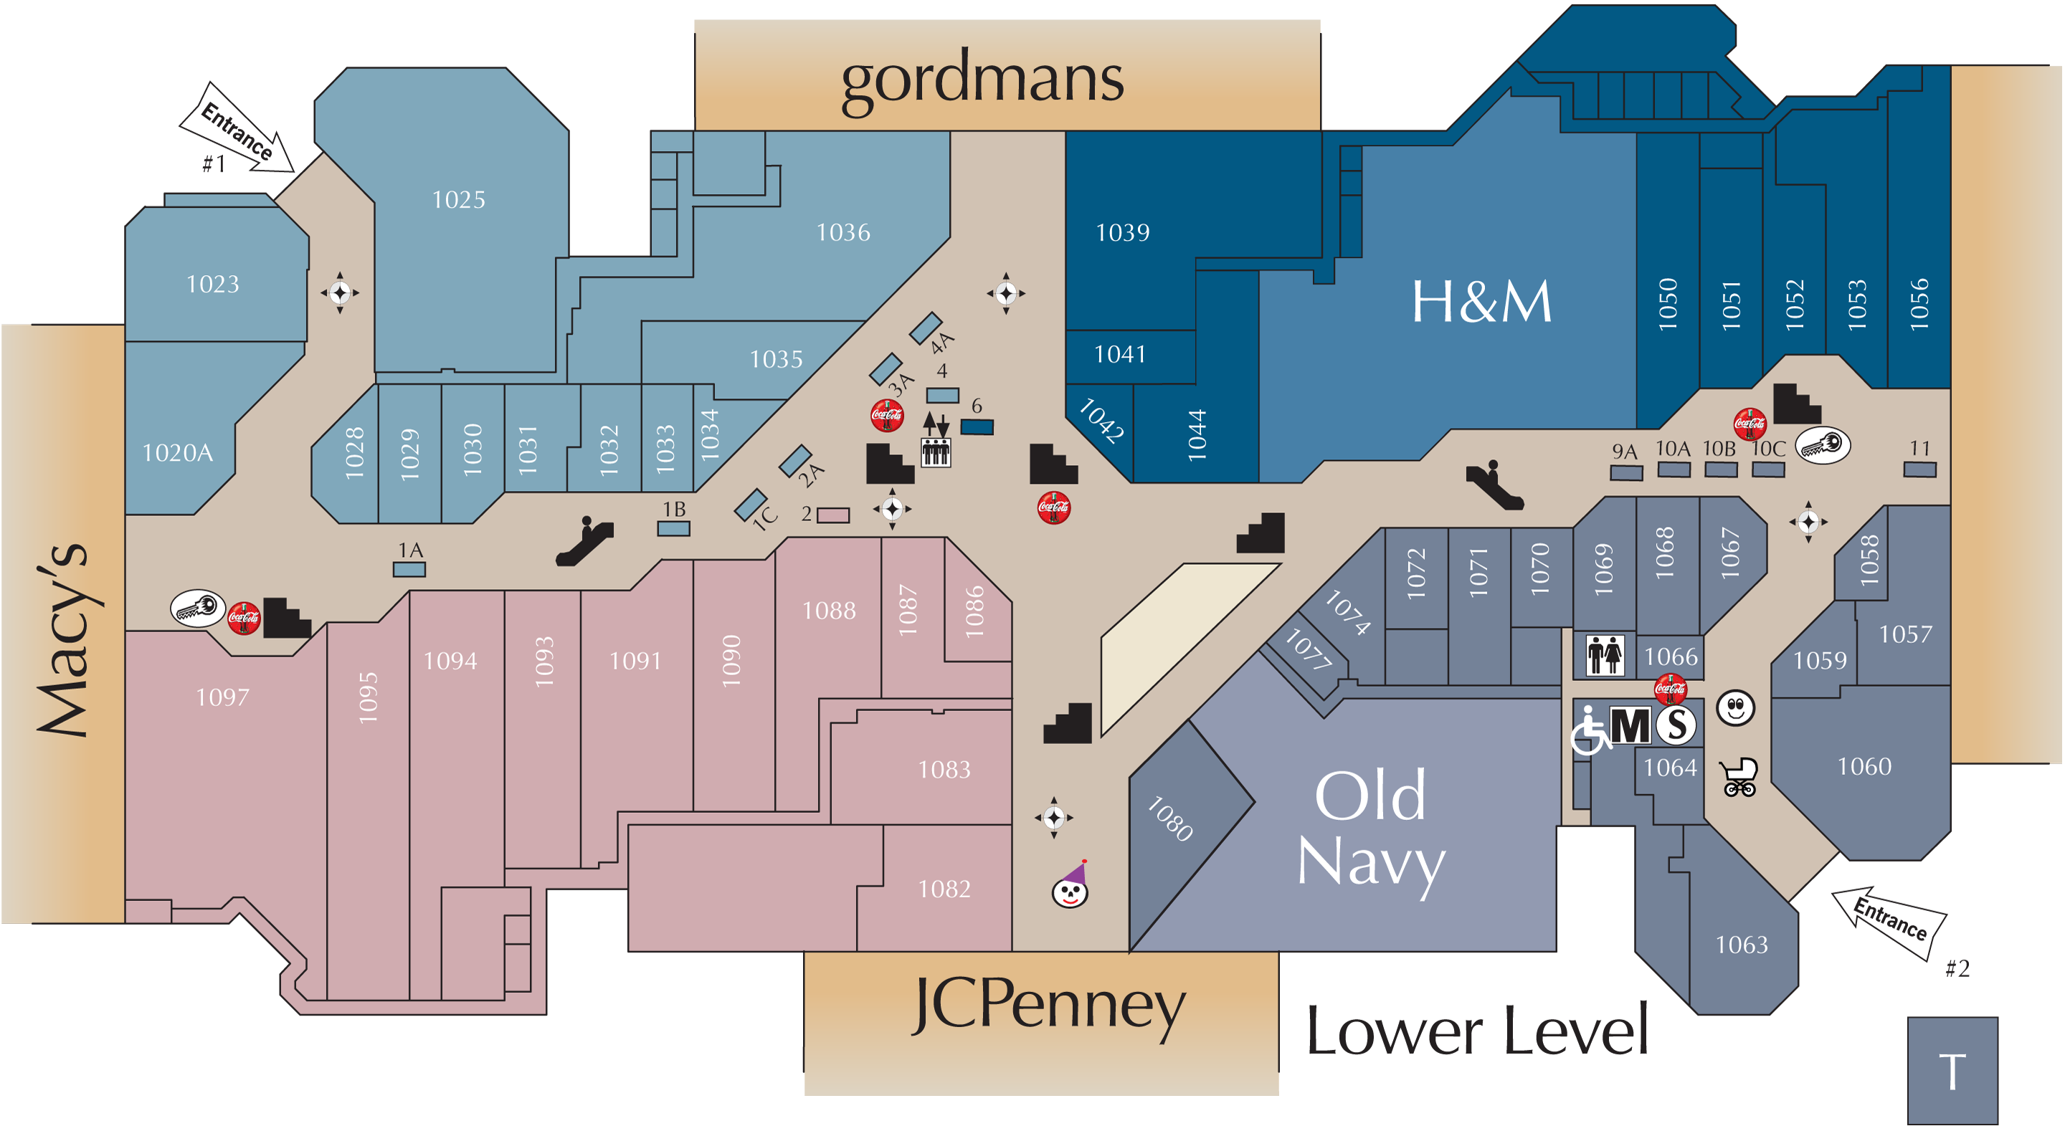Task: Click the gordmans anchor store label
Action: click(982, 81)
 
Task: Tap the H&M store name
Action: click(1481, 302)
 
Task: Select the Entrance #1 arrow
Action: click(237, 130)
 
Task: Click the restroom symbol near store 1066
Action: click(1605, 655)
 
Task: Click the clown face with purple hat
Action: click(1071, 884)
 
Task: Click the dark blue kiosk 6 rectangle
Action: click(977, 427)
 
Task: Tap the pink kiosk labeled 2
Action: click(833, 515)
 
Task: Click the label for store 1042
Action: click(1101, 421)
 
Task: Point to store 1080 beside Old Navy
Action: click(1170, 819)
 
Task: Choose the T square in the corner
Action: click(1952, 1071)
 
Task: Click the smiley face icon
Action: click(1735, 707)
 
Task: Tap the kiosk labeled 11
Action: click(1920, 469)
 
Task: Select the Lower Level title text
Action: click(1477, 1031)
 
